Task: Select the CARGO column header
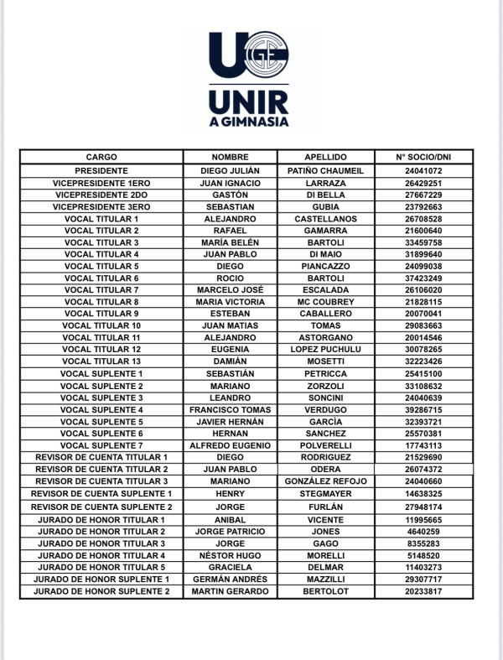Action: tap(101, 157)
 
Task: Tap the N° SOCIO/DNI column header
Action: tap(423, 157)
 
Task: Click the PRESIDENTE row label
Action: tap(101, 170)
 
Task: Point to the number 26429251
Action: tap(423, 182)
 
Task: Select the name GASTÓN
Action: tap(231, 195)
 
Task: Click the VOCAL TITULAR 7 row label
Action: tap(101, 289)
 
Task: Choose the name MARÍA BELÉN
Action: tap(231, 242)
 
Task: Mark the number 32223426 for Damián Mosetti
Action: tap(423, 361)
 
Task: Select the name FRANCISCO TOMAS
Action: tap(231, 408)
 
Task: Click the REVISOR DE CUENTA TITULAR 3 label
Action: tap(101, 481)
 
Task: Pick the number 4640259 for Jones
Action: tap(423, 531)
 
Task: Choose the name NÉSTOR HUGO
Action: tap(231, 555)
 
